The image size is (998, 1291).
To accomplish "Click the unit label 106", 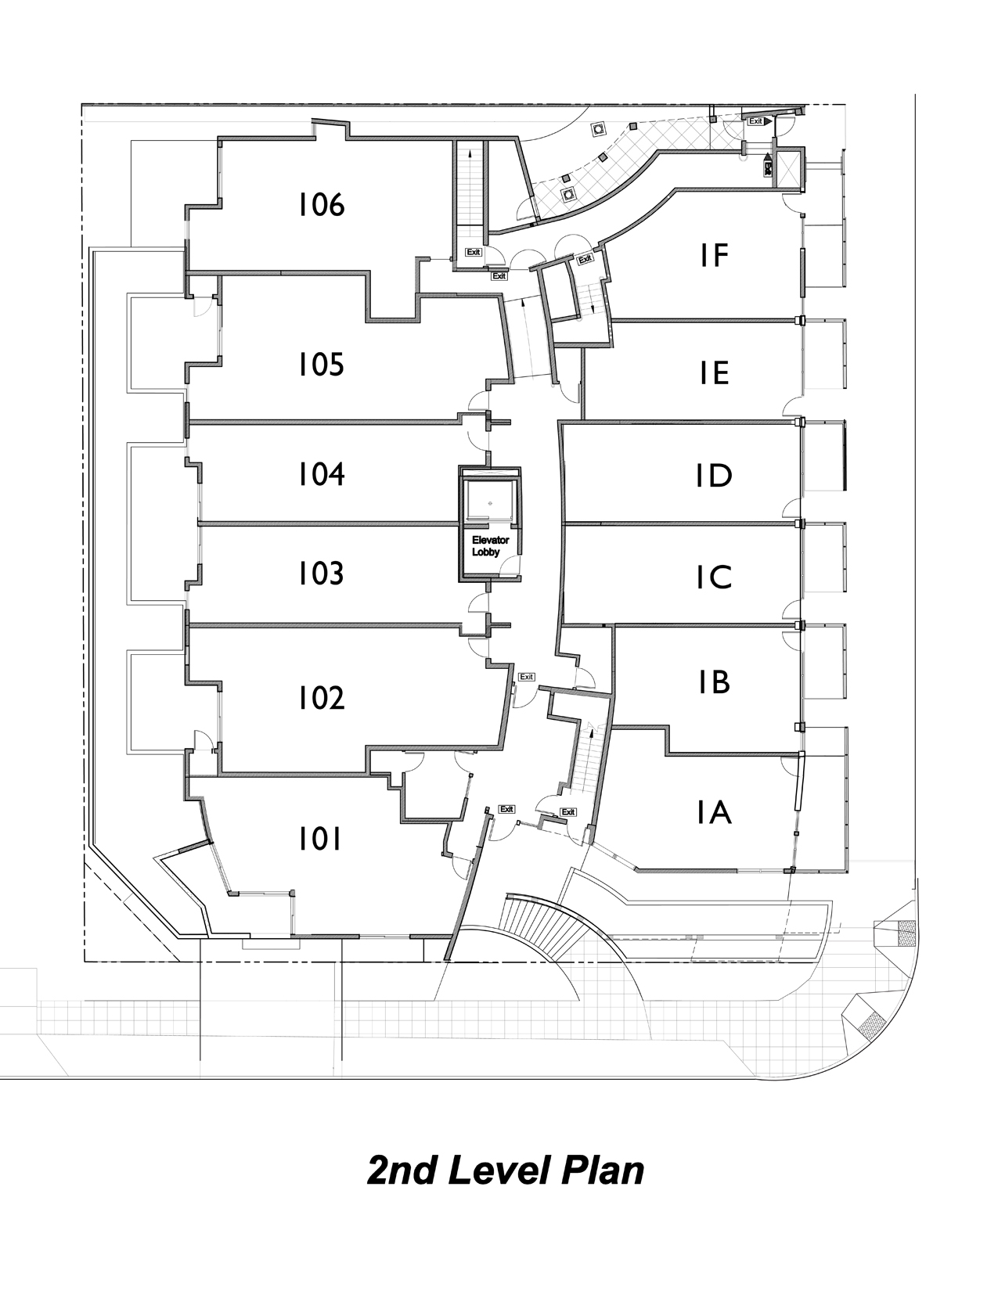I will click(x=321, y=205).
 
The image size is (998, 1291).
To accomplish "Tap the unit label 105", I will click(x=321, y=365).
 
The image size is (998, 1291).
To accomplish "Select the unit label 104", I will click(x=321, y=474).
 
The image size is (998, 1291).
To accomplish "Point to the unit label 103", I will click(x=321, y=574).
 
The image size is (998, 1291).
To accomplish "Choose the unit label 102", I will click(x=321, y=697).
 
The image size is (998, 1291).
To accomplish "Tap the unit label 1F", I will click(x=715, y=255).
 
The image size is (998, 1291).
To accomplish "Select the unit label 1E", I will click(x=715, y=373).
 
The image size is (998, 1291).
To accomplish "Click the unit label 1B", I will click(x=715, y=682).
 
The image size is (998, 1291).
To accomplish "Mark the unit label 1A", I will click(x=715, y=813).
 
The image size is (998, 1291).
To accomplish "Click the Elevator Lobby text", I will click(x=490, y=546).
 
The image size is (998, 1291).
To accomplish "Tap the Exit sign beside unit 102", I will click(x=526, y=677).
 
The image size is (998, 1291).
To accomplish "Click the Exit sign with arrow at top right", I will click(x=758, y=121).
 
